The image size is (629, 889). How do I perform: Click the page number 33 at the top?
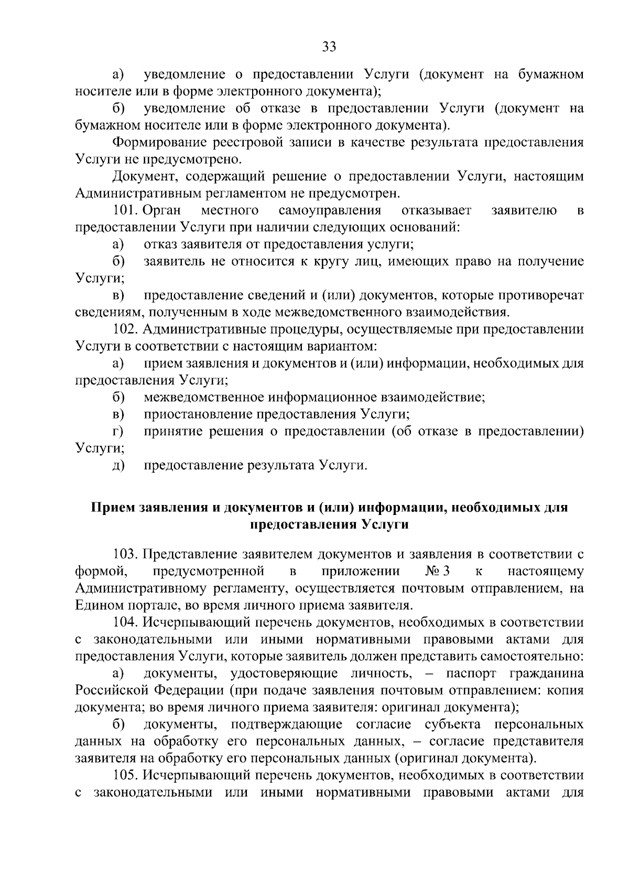click(329, 47)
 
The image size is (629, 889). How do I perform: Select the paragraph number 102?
click(125, 330)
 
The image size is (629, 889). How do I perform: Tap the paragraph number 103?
click(125, 554)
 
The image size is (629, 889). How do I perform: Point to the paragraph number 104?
click(125, 622)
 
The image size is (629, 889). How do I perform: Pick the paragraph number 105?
click(125, 775)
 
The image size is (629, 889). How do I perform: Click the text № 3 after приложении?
click(439, 571)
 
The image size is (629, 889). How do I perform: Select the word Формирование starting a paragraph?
click(159, 142)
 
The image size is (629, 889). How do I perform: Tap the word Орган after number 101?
click(161, 211)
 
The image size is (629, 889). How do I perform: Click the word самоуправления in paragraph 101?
click(330, 211)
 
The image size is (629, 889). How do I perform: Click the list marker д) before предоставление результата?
click(118, 465)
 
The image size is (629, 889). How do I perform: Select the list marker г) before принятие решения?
click(118, 432)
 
